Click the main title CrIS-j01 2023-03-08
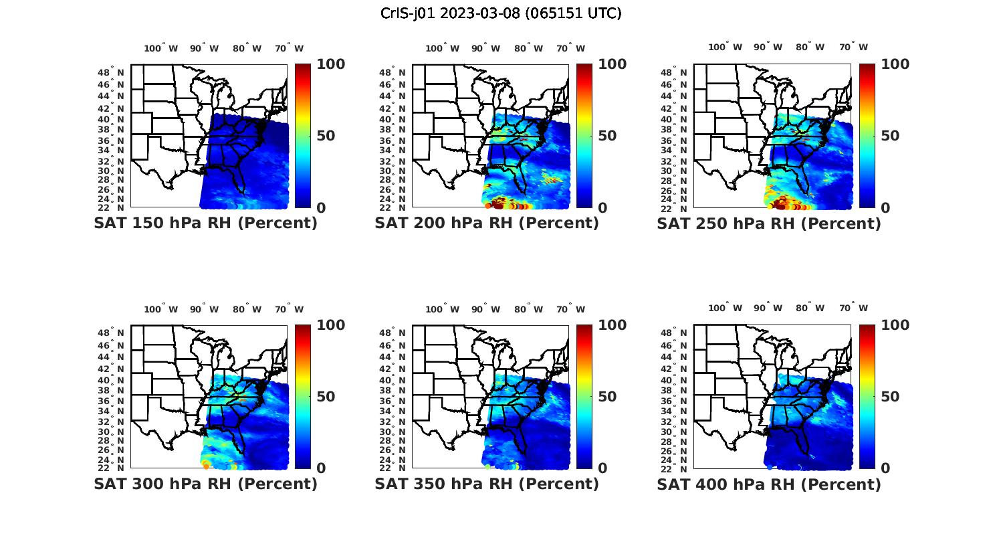click(501, 13)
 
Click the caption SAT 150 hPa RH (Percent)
click(205, 223)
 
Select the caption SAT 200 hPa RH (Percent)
click(487, 223)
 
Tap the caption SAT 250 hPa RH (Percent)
click(769, 223)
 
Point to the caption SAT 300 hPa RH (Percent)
click(205, 484)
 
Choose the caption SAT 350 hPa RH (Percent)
click(487, 484)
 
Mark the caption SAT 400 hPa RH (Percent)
click(769, 484)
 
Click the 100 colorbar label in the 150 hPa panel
click(330, 64)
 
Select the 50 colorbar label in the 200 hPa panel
click(607, 136)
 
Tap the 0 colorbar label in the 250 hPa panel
click(885, 208)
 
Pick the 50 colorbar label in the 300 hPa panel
click(326, 397)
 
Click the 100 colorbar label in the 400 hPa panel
click(895, 325)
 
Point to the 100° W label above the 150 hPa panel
click(160, 48)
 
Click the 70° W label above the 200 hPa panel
click(570, 48)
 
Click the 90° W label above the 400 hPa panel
click(768, 308)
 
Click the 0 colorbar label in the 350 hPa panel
click(602, 468)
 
